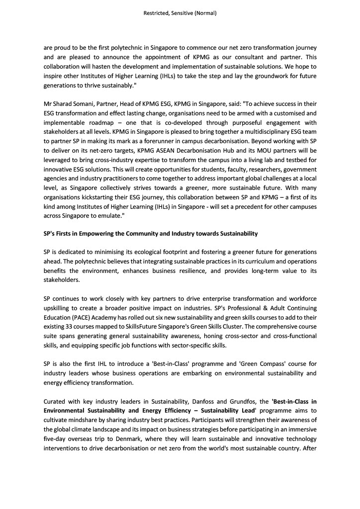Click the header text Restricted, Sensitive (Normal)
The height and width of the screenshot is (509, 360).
pos(180,13)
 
